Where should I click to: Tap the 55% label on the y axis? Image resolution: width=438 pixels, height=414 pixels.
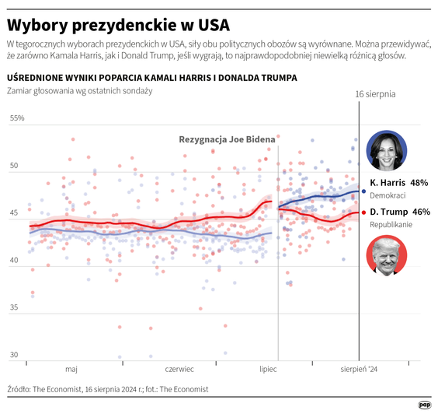click(17, 119)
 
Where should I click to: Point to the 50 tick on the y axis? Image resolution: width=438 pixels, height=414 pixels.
click(15, 167)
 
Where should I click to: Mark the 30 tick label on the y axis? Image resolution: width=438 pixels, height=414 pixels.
click(15, 356)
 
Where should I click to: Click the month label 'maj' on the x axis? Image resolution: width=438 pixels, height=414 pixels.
click(71, 370)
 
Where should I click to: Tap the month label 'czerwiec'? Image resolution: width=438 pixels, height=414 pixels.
click(179, 370)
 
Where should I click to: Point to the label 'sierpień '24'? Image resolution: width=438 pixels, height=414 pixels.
click(359, 370)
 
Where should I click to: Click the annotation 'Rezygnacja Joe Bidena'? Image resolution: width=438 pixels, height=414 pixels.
click(227, 140)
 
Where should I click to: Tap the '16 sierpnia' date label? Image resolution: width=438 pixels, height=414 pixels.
click(375, 94)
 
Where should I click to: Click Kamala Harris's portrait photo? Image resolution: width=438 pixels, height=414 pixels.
click(386, 150)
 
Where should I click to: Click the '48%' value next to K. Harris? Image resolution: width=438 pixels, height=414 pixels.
click(419, 183)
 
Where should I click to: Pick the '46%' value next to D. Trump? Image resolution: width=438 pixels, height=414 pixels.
click(421, 212)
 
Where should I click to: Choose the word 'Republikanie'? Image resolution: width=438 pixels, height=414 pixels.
click(391, 225)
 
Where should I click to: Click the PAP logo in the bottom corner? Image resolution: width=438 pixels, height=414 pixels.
click(425, 405)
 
